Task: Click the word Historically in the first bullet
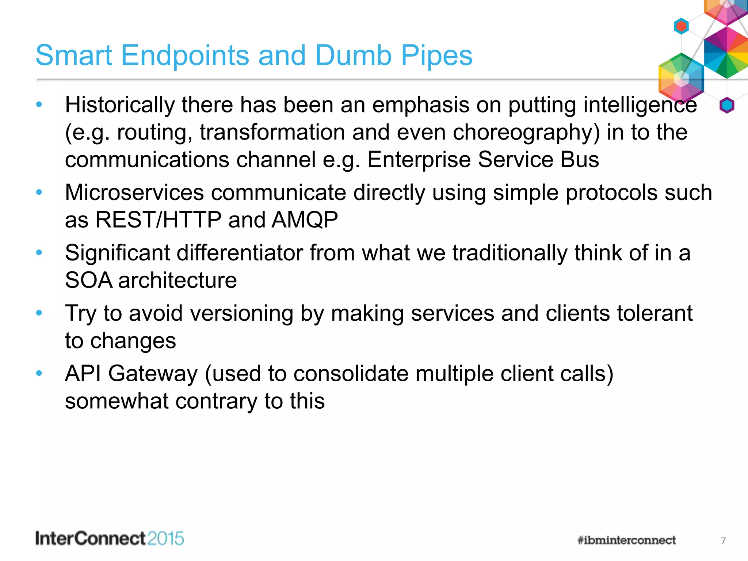coord(119,105)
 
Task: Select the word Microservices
coord(134,192)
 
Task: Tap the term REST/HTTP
coord(158,220)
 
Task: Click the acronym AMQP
coord(305,220)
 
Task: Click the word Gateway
coord(153,374)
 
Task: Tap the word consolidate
coord(351,374)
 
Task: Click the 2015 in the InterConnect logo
coord(166,539)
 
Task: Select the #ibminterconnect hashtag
coord(626,540)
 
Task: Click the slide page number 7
coord(723,541)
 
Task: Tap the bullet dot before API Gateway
coord(39,373)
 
